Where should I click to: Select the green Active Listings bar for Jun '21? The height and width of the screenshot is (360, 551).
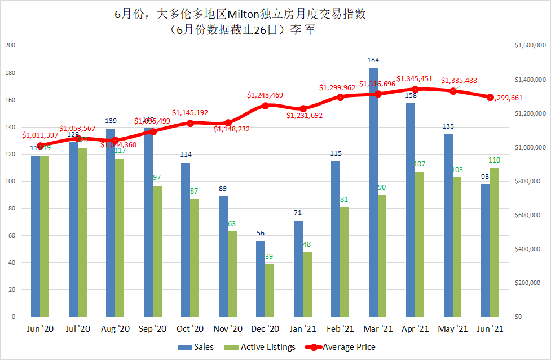[x=495, y=242]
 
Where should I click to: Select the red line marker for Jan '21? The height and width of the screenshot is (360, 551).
[x=303, y=108]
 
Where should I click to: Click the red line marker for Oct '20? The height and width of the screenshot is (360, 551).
[x=190, y=123]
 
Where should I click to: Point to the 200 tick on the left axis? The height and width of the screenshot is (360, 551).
[x=10, y=46]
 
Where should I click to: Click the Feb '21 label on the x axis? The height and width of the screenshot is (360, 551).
[x=341, y=328]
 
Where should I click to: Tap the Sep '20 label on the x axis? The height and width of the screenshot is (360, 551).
[x=153, y=328]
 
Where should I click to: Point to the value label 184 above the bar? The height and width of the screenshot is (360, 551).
[x=373, y=60]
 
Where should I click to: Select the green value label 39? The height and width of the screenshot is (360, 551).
[x=270, y=256]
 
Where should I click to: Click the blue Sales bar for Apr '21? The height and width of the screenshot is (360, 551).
[x=411, y=209]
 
